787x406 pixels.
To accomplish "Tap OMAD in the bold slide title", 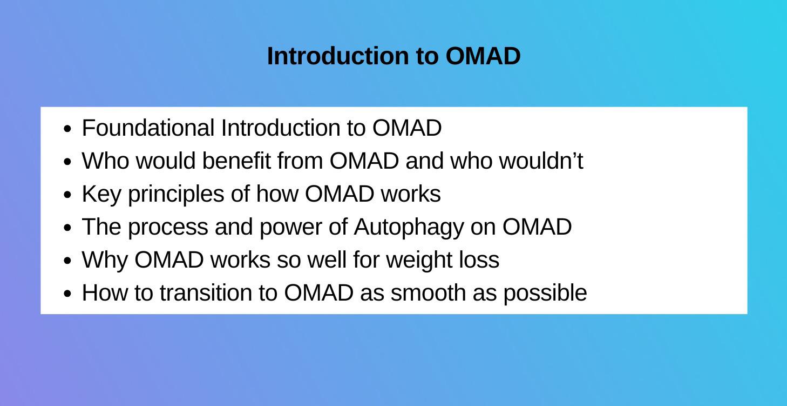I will (x=483, y=56).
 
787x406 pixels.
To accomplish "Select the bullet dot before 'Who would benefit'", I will (x=67, y=162).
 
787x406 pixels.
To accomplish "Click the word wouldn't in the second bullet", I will (x=541, y=161).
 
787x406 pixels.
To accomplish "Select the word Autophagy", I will (x=408, y=228).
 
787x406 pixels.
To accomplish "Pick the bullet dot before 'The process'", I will (x=67, y=228).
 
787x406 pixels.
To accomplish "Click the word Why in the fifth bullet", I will (x=105, y=260).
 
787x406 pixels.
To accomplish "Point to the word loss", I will (x=478, y=260).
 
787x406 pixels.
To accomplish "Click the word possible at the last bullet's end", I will (x=545, y=293).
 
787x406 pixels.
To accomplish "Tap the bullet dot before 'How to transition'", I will (x=67, y=294).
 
